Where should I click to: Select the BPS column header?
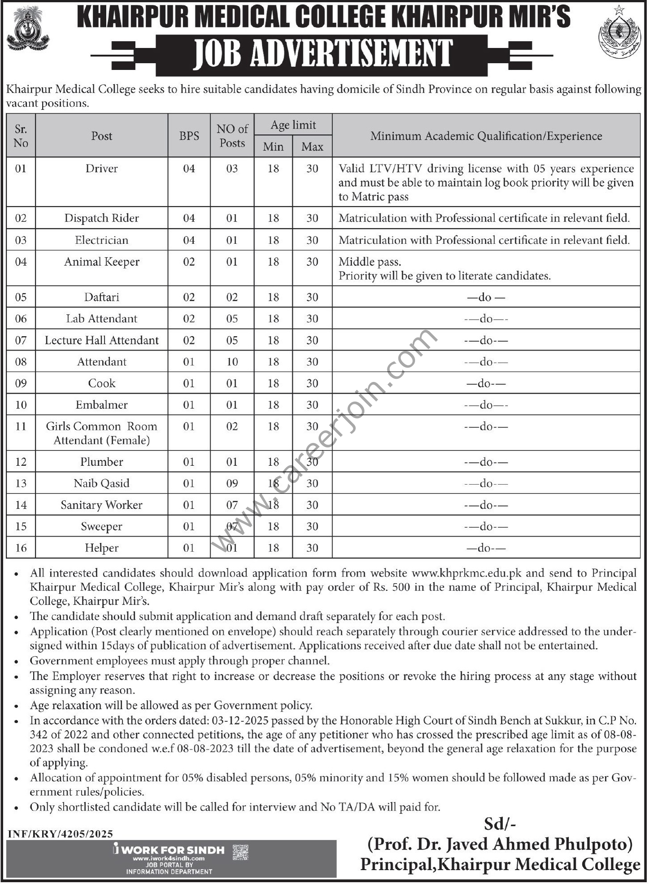click(189, 136)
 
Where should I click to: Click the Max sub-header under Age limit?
click(312, 147)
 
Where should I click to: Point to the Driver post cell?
click(102, 169)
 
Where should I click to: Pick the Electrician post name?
click(102, 240)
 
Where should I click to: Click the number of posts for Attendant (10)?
click(232, 362)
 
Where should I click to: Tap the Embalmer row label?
click(102, 405)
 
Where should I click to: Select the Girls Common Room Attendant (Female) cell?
click(102, 433)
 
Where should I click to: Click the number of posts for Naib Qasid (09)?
click(232, 483)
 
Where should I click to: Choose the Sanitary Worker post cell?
click(102, 505)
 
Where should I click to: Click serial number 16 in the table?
click(21, 548)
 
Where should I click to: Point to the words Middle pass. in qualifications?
click(370, 262)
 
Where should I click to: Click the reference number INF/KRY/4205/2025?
click(61, 834)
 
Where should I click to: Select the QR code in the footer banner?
click(241, 852)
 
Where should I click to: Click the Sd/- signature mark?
click(500, 824)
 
